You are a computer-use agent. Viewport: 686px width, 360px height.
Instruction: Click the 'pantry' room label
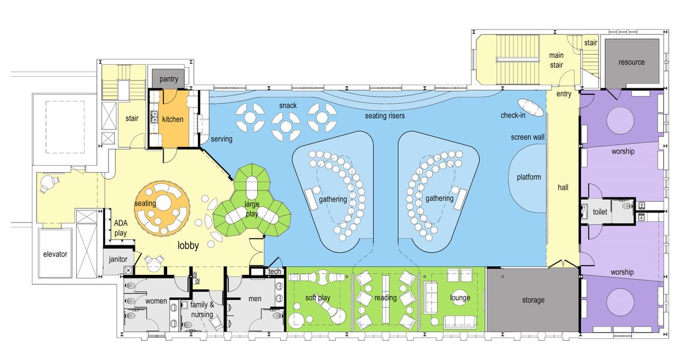[169, 79]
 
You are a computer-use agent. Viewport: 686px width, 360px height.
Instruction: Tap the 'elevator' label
[55, 254]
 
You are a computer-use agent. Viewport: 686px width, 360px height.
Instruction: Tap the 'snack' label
[288, 106]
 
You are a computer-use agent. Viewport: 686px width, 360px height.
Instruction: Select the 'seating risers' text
[385, 116]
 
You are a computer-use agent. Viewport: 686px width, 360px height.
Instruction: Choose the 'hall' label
[563, 188]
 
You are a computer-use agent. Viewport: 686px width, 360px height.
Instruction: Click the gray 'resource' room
[631, 62]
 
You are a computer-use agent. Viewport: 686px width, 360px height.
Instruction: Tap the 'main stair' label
[556, 60]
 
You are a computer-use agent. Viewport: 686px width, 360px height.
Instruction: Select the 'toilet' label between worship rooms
[600, 212]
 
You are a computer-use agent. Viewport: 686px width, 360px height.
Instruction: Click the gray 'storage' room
[532, 299]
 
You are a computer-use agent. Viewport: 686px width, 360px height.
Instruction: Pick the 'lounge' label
[460, 298]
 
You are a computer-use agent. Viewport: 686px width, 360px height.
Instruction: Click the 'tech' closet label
[275, 272]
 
